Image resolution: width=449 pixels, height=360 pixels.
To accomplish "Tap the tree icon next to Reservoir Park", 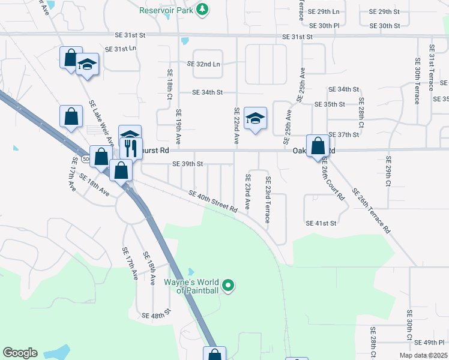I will pyautogui.click(x=203, y=10).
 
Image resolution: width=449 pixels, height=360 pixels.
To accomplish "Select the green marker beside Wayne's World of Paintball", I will pyautogui.click(x=228, y=285).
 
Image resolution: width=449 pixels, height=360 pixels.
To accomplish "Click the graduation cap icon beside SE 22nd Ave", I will pyautogui.click(x=255, y=118).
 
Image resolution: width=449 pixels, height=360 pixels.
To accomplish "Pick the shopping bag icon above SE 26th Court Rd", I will pyautogui.click(x=318, y=146).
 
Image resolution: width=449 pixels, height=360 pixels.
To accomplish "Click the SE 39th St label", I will pyautogui.click(x=188, y=164).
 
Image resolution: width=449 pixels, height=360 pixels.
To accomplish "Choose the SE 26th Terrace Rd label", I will pyautogui.click(x=372, y=211).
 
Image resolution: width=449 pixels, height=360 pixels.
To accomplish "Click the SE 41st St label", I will pyautogui.click(x=321, y=223).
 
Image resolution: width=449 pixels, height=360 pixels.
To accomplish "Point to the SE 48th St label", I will pyautogui.click(x=157, y=314).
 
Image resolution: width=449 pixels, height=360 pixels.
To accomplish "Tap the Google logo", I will pyautogui.click(x=20, y=353).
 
